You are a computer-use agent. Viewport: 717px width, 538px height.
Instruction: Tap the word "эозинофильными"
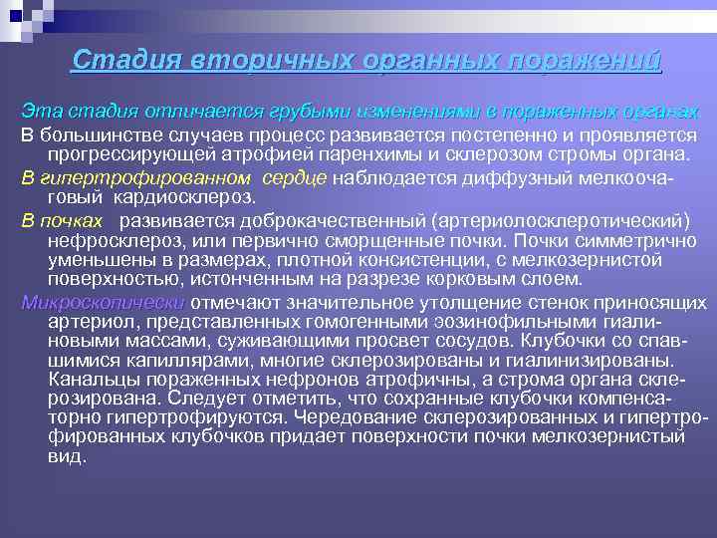(x=498, y=321)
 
